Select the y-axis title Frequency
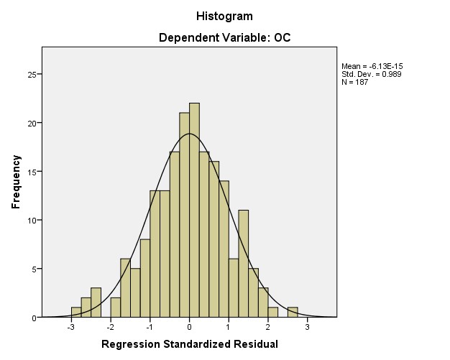tap(16, 182)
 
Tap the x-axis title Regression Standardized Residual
tap(189, 344)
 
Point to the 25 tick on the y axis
tap(31, 74)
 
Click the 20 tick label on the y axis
tap(31, 123)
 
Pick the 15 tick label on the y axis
tap(31, 172)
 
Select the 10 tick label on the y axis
tap(31, 220)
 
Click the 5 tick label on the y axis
tap(33, 269)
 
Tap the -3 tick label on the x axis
tap(70, 328)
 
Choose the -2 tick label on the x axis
tap(109, 328)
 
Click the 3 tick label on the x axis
tap(308, 328)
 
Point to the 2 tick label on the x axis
tap(268, 328)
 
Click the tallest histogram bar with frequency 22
tap(194, 210)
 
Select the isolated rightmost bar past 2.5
tap(293, 313)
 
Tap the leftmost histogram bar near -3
tap(76, 313)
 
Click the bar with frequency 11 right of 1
tap(243, 264)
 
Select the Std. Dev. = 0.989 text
tap(372, 75)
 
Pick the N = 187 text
tap(355, 83)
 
